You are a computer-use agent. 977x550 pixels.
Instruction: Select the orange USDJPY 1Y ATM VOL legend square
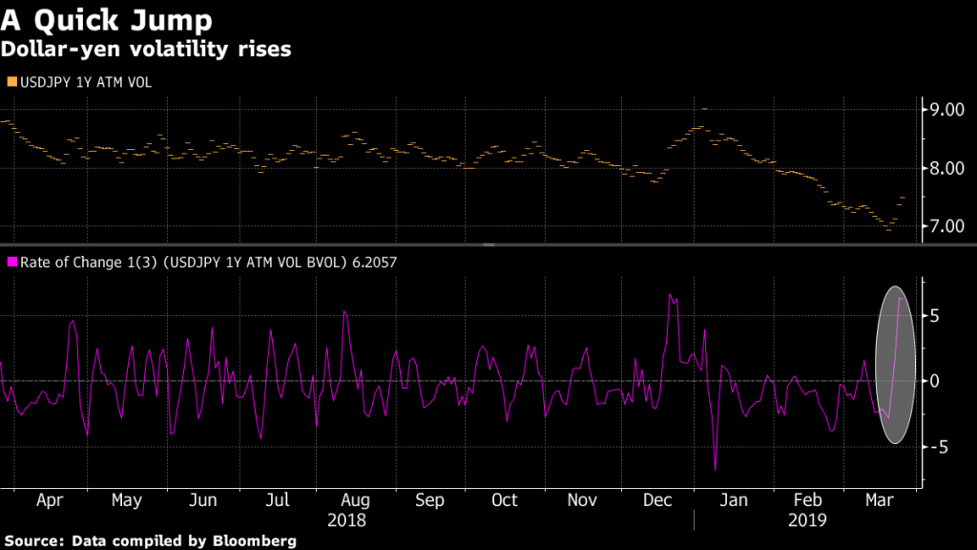tap(10, 83)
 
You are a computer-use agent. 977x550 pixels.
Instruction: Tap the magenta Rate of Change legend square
tap(10, 261)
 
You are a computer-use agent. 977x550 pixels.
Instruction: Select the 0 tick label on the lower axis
tap(937, 381)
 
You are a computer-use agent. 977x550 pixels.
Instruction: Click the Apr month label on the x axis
tap(51, 500)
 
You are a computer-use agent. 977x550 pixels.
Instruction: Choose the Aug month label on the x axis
tap(355, 500)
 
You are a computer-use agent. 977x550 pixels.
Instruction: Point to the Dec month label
tap(658, 500)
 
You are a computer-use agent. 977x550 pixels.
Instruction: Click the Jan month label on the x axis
tap(733, 500)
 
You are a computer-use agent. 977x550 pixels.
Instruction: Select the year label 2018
tap(346, 520)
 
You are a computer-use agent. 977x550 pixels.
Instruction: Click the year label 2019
tap(807, 520)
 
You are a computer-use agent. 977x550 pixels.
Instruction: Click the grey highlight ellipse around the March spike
tap(896, 366)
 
